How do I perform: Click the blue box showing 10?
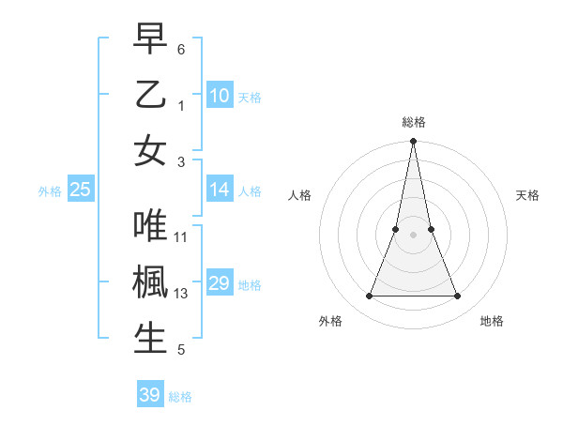tap(220, 96)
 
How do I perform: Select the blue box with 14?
tap(220, 190)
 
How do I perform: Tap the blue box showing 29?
tap(220, 283)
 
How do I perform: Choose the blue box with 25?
tap(81, 190)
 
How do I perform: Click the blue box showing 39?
tap(150, 395)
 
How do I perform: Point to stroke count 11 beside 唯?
tap(181, 237)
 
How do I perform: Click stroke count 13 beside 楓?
tap(181, 294)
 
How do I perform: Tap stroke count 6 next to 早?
tap(181, 48)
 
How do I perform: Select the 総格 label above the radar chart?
tap(414, 122)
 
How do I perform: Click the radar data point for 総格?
tap(414, 143)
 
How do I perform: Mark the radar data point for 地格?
tap(458, 297)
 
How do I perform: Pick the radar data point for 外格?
tap(369, 297)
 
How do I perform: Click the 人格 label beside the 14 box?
tap(250, 190)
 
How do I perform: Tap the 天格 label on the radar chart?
tap(528, 195)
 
